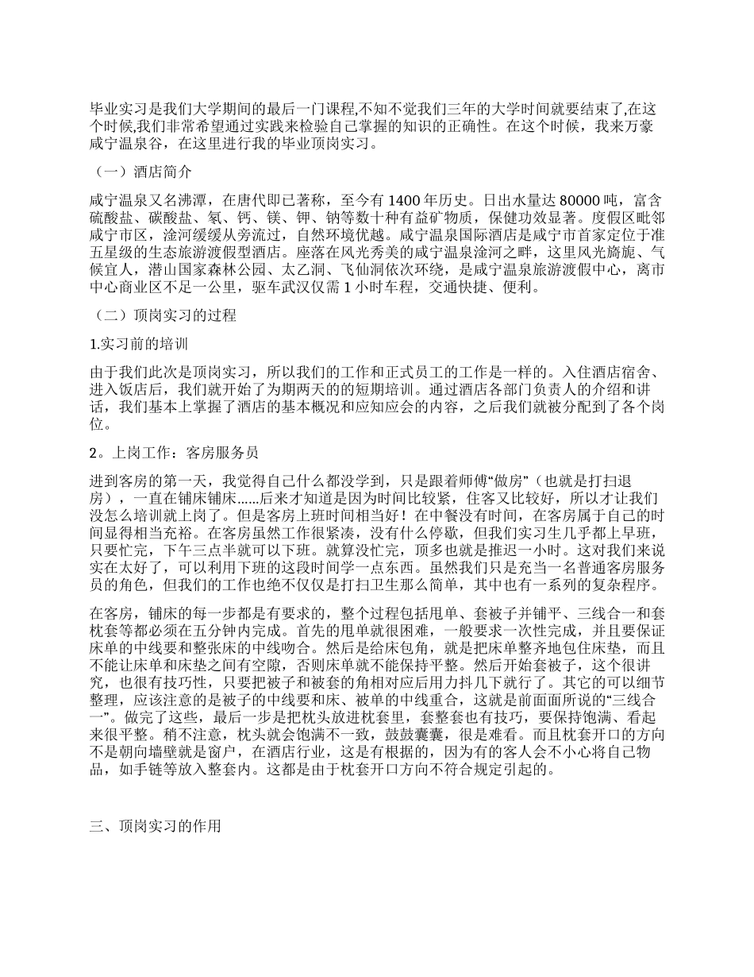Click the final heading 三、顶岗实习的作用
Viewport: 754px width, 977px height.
[155, 826]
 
